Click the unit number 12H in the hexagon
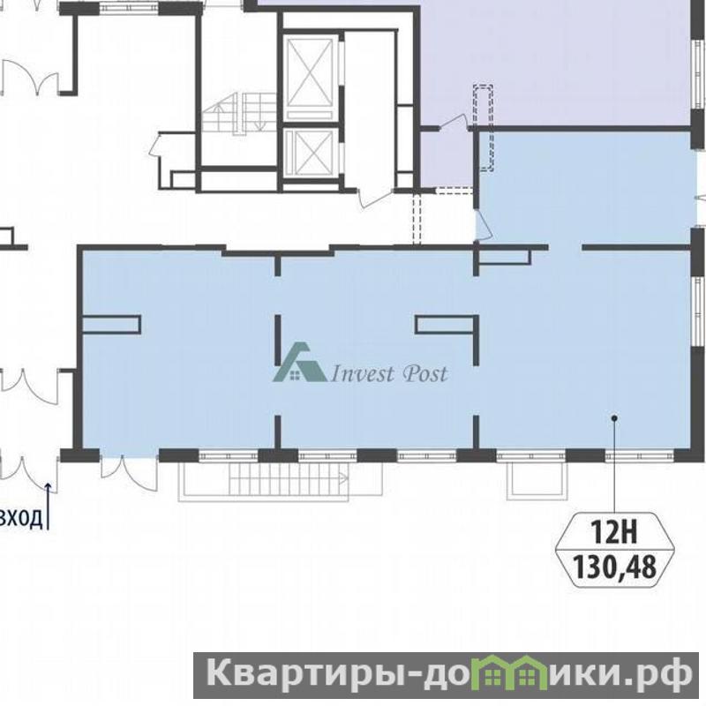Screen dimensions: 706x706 pyautogui.click(x=614, y=533)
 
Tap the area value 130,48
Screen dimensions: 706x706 pyautogui.click(x=614, y=567)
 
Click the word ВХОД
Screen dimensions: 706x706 pyautogui.click(x=21, y=518)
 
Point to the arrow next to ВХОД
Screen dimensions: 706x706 pyautogui.click(x=49, y=505)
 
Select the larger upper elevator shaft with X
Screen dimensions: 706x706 pyautogui.click(x=310, y=77)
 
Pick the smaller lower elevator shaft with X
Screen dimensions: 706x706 pyautogui.click(x=310, y=153)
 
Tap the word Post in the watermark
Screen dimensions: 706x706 pyautogui.click(x=425, y=373)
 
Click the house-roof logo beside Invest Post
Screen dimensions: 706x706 pyautogui.click(x=299, y=362)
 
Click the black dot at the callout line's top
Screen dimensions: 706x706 pyautogui.click(x=614, y=417)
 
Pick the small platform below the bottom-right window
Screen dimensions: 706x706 pyautogui.click(x=536, y=479)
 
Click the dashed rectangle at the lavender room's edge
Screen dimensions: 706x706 pyautogui.click(x=483, y=128)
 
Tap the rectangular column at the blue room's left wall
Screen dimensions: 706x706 pyautogui.click(x=111, y=325)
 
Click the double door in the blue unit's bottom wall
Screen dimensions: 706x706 pyautogui.click(x=129, y=473)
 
